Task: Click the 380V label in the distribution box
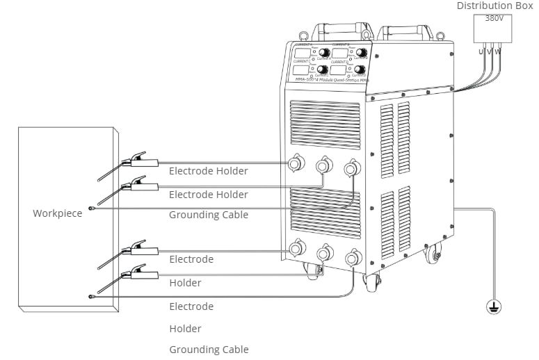point(494,19)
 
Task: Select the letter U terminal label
point(481,51)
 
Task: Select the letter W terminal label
point(498,51)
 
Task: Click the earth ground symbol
point(494,306)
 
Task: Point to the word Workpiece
point(57,213)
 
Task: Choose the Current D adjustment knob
point(360,69)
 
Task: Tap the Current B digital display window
point(339,53)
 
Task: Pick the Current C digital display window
point(301,70)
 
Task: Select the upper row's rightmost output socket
point(352,167)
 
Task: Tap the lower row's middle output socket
point(324,254)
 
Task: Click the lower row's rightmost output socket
point(353,259)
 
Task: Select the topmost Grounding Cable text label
point(209,215)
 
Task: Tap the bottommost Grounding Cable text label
point(209,350)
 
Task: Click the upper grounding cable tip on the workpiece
point(91,208)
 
